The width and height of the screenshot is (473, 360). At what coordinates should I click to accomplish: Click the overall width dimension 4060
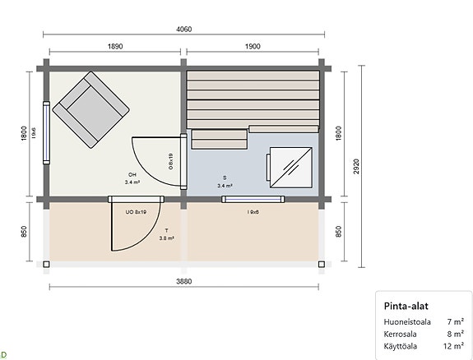point(183,29)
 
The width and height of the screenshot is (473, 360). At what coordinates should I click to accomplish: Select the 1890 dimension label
point(114,47)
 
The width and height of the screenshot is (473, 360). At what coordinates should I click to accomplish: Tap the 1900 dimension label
point(253,47)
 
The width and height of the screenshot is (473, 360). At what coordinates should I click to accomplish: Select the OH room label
point(132,175)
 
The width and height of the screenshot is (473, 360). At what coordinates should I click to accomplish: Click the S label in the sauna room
point(224,178)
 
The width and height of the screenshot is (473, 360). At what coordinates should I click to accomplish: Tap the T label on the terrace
point(166,231)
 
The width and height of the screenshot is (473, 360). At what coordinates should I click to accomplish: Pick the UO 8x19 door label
point(136,212)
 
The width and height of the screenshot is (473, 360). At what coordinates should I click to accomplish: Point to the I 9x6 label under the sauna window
point(253,212)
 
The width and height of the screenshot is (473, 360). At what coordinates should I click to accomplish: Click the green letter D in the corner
point(4,353)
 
